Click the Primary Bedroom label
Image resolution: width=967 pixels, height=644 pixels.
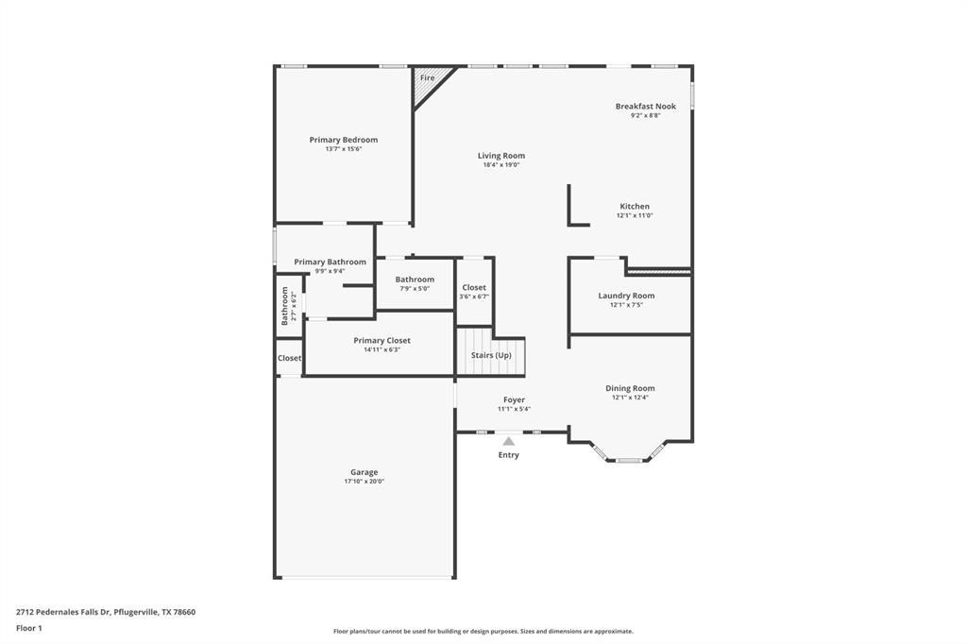point(343,140)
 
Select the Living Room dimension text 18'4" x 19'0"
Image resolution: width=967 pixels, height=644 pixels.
point(500,165)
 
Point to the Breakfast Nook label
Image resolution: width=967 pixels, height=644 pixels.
point(645,107)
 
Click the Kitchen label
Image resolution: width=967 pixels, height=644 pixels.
point(634,206)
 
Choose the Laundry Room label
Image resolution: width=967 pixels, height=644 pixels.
point(625,296)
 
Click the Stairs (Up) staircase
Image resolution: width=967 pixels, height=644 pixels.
point(490,355)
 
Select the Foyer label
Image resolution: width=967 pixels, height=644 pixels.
point(514,399)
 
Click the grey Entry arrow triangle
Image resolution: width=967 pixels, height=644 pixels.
point(508,441)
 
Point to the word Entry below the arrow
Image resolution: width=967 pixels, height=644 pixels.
point(508,455)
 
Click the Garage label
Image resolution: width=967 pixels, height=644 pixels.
point(364,472)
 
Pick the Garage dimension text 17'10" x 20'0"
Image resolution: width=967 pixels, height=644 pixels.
point(364,482)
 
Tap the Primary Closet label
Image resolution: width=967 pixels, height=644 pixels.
point(382,340)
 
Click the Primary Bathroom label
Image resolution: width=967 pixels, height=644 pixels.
point(330,262)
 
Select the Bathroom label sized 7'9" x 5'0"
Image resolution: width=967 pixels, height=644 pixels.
point(415,280)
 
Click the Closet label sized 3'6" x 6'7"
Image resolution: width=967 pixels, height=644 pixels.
point(474,287)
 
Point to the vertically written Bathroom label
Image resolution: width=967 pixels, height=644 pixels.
point(284,306)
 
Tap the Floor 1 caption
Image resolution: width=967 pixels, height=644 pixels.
point(29,628)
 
